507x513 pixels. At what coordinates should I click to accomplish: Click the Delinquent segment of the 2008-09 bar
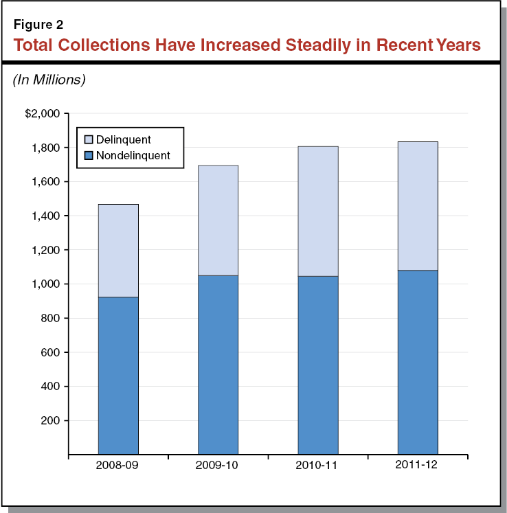tap(118, 251)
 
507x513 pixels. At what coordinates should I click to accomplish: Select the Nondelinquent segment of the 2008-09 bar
tap(118, 375)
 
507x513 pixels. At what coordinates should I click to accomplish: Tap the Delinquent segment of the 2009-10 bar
tap(218, 220)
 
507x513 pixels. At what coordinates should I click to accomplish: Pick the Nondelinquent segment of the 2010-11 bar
tap(317, 365)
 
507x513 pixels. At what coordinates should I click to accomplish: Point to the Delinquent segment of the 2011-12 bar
tap(418, 206)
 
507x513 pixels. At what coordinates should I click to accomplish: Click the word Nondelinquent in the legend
tap(133, 155)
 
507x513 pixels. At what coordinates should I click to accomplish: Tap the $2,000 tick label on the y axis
tap(43, 113)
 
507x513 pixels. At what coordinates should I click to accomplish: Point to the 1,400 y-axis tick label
tap(47, 216)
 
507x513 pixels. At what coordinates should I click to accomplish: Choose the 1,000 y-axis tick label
tap(47, 284)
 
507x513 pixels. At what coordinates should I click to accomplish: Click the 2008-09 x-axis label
tap(118, 466)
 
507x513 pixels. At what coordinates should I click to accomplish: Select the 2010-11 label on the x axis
tap(317, 466)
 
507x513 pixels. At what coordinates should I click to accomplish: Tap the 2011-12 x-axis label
tap(418, 466)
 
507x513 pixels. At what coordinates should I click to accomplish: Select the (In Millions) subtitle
tap(49, 80)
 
